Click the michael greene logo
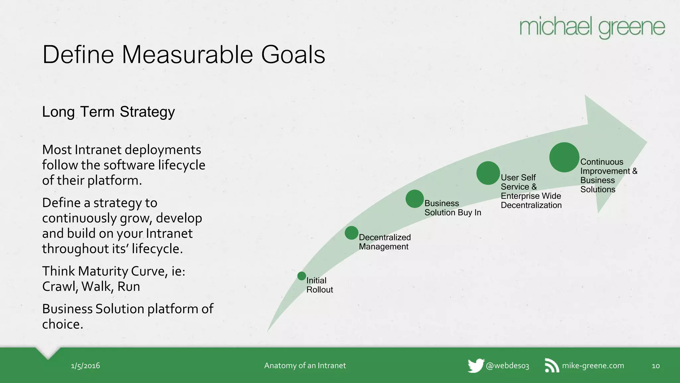(592, 27)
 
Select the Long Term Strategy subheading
(108, 112)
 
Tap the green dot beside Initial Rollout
(301, 276)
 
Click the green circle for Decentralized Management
(351, 233)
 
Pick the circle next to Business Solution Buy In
(414, 199)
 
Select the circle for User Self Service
(488, 173)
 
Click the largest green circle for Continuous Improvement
(564, 157)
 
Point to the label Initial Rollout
(319, 285)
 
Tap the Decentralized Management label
(384, 242)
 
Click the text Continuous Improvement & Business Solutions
(608, 176)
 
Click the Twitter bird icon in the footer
(475, 366)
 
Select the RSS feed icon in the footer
(552, 366)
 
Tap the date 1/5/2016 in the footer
(85, 366)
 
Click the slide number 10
(655, 366)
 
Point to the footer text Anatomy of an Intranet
(305, 366)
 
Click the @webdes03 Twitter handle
(507, 366)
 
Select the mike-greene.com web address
(593, 366)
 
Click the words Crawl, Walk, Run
(91, 287)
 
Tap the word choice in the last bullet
(62, 324)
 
